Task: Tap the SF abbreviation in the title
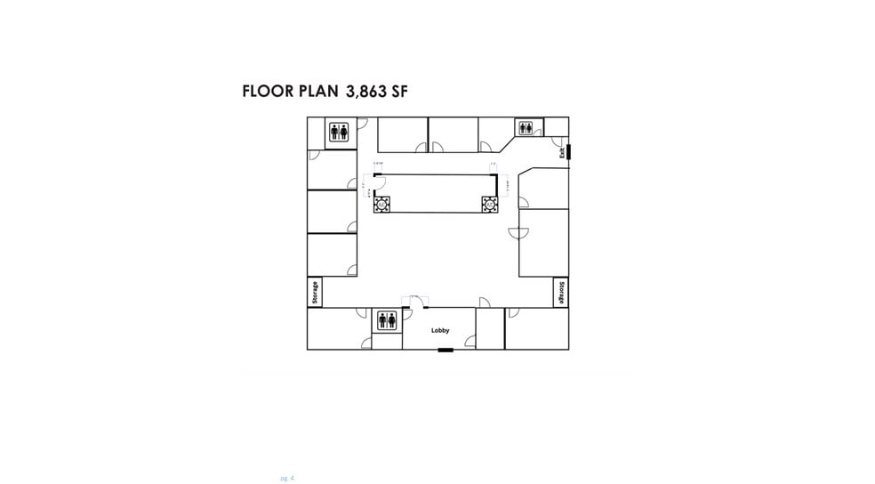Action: (x=398, y=92)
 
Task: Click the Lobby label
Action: (x=440, y=330)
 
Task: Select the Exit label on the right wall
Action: (x=562, y=152)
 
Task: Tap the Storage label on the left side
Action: (x=315, y=292)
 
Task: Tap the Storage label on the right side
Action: (x=561, y=292)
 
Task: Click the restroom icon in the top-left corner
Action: (x=340, y=133)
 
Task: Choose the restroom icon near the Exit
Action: (x=525, y=128)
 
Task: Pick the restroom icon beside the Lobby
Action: (x=387, y=320)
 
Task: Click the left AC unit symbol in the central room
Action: (x=381, y=204)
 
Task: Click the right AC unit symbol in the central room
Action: (x=489, y=204)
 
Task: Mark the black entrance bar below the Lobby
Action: (x=446, y=350)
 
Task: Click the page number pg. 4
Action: (x=286, y=478)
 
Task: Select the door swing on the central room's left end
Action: (x=377, y=184)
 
